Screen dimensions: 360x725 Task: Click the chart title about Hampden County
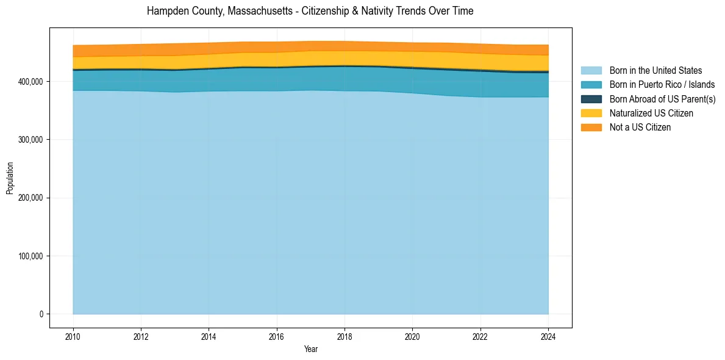click(x=310, y=11)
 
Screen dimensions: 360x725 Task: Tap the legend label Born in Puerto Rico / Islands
click(x=662, y=85)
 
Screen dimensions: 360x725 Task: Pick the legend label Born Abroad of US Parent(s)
click(x=662, y=99)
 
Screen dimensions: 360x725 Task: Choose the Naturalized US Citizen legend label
click(x=651, y=113)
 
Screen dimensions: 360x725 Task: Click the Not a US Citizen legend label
click(x=640, y=127)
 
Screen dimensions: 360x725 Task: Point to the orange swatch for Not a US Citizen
click(x=591, y=127)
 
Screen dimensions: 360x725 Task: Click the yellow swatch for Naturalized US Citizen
click(x=591, y=113)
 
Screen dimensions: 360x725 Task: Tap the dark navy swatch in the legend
click(x=591, y=99)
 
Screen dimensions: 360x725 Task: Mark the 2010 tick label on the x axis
click(x=73, y=336)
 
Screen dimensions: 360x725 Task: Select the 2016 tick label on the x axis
click(x=277, y=336)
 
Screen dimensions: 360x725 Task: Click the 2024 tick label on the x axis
click(x=549, y=336)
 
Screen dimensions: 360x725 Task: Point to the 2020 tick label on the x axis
click(x=413, y=336)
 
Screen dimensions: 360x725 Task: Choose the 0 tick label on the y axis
click(x=41, y=314)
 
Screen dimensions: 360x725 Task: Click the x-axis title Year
click(x=310, y=349)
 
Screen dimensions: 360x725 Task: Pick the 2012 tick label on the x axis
click(x=141, y=336)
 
